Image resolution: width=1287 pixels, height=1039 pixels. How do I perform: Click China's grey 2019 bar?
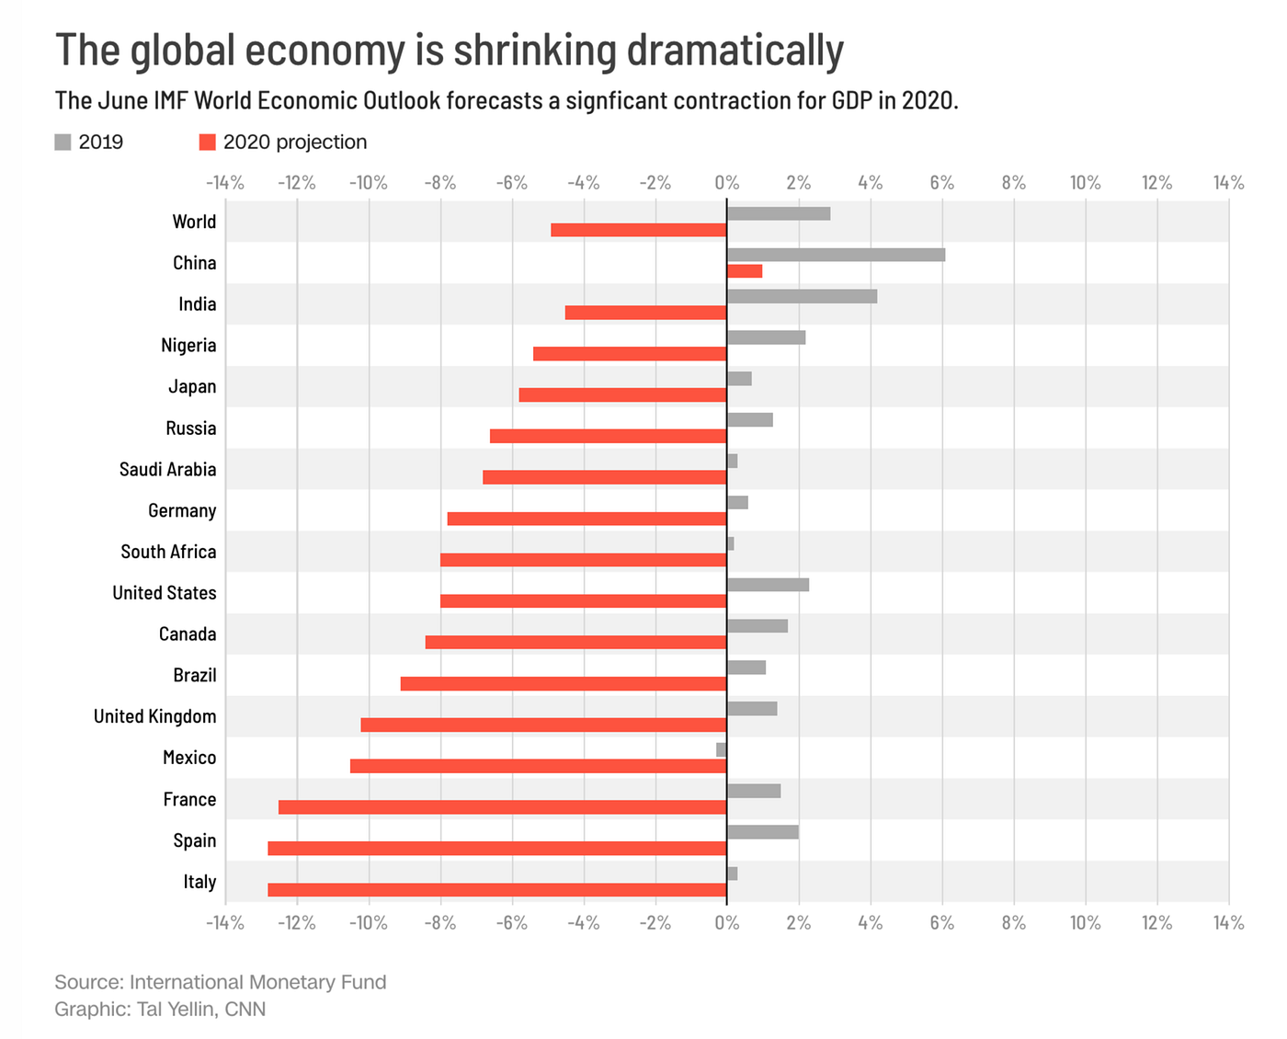point(836,255)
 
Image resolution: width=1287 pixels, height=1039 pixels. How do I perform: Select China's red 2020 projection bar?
point(745,271)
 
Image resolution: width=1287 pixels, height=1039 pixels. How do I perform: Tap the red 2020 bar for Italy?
point(497,889)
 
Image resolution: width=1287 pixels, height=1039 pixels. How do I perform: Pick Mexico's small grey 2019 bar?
point(722,749)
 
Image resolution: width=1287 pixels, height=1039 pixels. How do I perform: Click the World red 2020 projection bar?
point(639,230)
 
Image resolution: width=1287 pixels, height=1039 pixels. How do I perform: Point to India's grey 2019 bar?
point(802,296)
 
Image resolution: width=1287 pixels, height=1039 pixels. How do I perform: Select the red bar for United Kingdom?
point(543,725)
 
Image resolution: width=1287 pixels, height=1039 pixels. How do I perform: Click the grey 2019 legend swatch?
point(63,142)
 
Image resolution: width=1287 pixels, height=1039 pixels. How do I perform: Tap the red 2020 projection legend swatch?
point(207,142)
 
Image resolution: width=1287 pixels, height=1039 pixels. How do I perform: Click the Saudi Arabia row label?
point(167,470)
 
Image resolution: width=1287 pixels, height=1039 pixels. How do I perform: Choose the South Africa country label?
point(168,552)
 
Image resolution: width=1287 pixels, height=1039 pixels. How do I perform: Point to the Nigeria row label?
point(188,346)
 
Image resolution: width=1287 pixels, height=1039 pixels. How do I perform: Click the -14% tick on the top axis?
point(225,183)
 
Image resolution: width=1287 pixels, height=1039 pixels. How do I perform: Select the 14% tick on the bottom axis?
point(1228,922)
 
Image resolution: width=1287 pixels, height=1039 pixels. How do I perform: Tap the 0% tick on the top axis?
point(726,183)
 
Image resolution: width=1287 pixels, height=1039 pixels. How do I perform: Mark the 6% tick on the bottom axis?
point(941,922)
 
